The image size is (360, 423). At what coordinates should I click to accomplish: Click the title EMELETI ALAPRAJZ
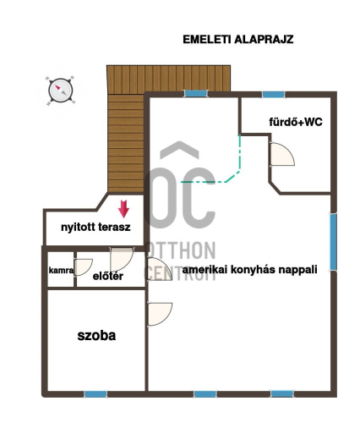point(238,40)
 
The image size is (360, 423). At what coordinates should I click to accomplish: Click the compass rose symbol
point(61,91)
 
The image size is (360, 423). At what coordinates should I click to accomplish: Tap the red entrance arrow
point(123,209)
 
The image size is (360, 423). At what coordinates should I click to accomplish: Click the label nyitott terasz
point(95,227)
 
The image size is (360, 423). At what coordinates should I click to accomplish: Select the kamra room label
point(61,270)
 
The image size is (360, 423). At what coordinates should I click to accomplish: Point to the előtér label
point(108,276)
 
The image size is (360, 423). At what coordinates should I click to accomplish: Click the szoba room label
point(96,336)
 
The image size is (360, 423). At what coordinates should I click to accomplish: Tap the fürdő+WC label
point(296,122)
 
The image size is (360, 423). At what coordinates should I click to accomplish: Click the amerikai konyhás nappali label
point(249,270)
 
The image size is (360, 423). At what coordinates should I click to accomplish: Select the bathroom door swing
point(282,154)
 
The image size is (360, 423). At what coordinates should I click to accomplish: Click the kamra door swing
point(84,266)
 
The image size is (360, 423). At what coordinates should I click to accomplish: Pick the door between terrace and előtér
point(122,259)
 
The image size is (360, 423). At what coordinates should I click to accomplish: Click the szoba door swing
point(160,314)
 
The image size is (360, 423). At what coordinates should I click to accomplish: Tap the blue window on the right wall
point(333,242)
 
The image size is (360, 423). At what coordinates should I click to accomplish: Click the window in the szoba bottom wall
point(95,394)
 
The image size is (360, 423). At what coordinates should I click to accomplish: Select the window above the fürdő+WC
point(273,95)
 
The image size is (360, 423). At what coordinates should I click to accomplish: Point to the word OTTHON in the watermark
point(183,250)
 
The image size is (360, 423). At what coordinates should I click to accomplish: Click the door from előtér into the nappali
point(160,269)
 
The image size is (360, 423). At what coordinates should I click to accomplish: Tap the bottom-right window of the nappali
point(282,393)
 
